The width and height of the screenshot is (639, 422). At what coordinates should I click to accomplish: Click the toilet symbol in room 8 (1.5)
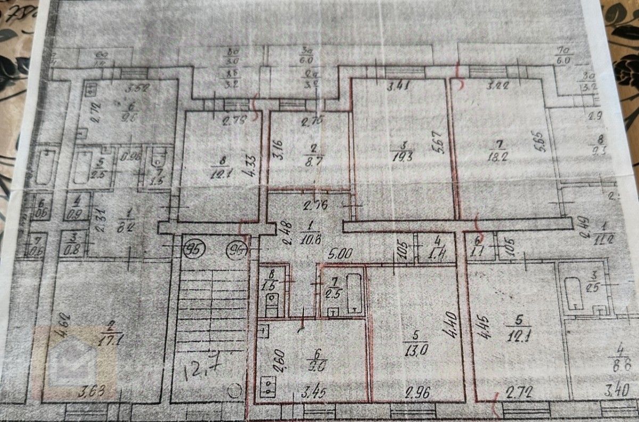272,301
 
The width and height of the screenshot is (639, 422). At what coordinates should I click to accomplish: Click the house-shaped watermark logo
75,363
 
